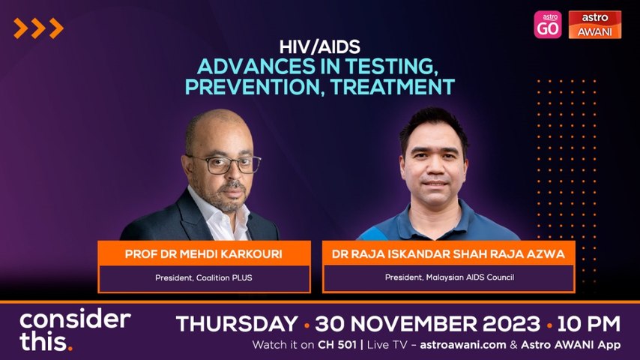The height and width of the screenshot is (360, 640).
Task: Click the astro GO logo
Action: click(x=548, y=24)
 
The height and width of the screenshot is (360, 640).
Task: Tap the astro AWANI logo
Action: click(x=595, y=24)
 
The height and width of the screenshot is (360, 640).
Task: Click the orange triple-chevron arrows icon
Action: click(x=38, y=28)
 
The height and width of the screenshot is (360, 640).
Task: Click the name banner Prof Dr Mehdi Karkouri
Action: click(x=204, y=253)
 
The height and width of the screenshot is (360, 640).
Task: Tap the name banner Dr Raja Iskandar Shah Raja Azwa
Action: click(x=448, y=253)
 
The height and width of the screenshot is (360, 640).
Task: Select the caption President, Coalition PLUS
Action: click(x=204, y=277)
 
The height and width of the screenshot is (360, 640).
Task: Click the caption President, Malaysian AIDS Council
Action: click(x=448, y=277)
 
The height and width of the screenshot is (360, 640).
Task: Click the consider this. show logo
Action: click(x=75, y=330)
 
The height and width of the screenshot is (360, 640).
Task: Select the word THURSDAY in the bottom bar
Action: click(x=237, y=325)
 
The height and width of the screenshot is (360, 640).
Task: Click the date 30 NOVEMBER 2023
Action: click(x=427, y=325)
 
